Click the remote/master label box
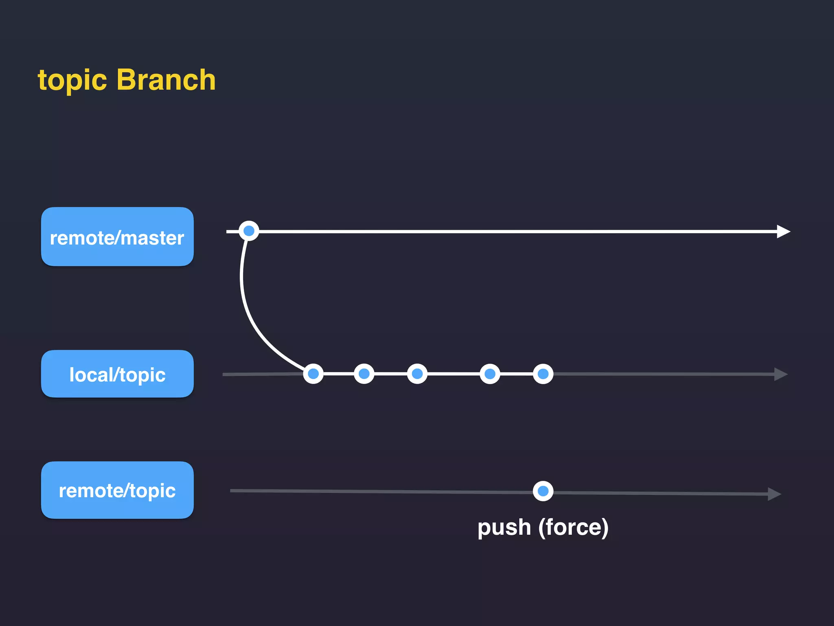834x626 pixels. click(x=117, y=237)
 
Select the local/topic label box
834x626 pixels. click(x=117, y=374)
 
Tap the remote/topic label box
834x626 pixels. click(x=117, y=490)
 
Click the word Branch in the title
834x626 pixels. click(x=166, y=79)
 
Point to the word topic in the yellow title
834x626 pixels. click(x=72, y=80)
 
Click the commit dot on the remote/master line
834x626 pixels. click(x=249, y=231)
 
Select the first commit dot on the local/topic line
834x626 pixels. click(x=313, y=374)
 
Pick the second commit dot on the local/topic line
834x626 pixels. click(x=364, y=374)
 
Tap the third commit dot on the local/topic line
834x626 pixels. click(x=417, y=374)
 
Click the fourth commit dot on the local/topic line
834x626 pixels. click(x=490, y=374)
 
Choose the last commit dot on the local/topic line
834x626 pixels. click(x=543, y=374)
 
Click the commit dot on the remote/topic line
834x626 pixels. click(x=543, y=491)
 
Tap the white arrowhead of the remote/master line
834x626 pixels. click(x=782, y=231)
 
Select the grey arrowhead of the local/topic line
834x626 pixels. click(x=780, y=374)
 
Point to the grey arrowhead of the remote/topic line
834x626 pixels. click(x=774, y=494)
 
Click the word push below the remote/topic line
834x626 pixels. click(x=504, y=527)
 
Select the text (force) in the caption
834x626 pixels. click(x=573, y=527)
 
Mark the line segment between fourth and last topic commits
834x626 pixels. click(x=516, y=374)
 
